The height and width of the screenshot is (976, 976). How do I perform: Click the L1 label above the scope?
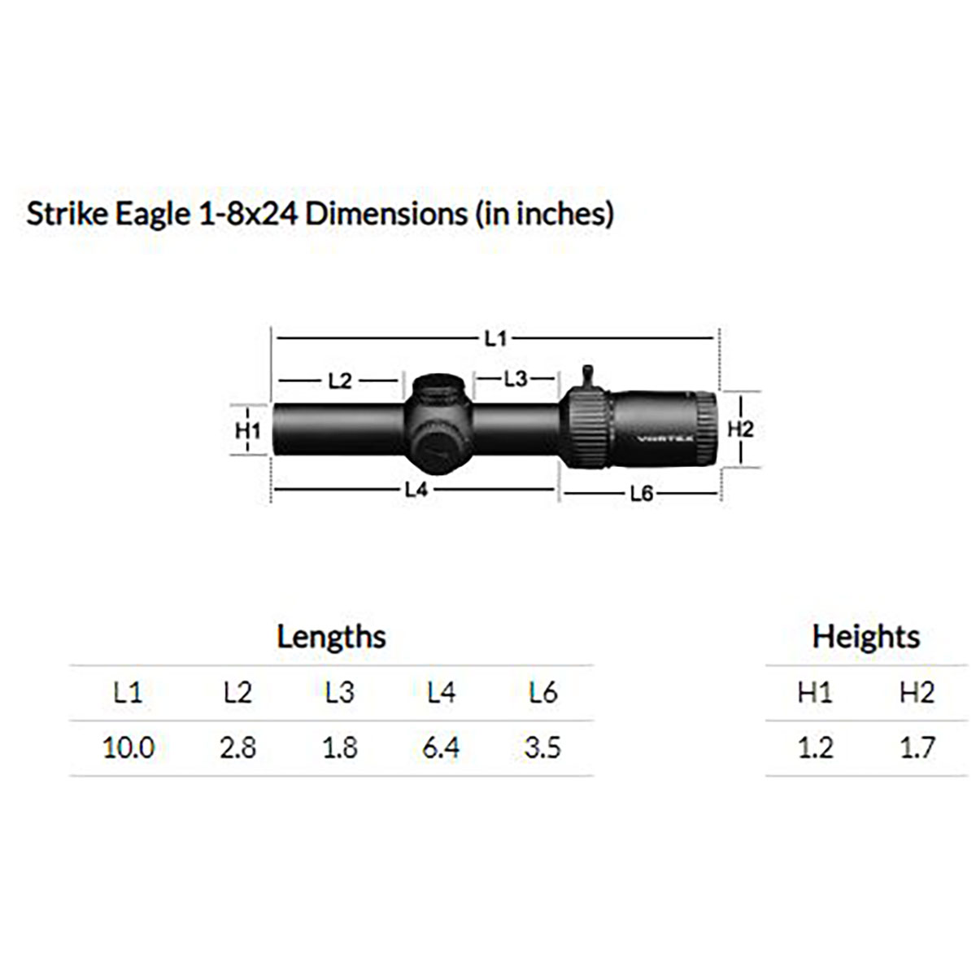495,338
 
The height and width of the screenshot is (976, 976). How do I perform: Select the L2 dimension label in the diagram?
340,380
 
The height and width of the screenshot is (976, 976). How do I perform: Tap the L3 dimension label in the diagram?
516,378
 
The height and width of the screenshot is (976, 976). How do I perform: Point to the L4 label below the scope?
416,490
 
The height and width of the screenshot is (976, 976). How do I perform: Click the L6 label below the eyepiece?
642,494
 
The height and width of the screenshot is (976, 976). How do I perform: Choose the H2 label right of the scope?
740,429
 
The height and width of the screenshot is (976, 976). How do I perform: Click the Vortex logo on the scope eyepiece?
658,436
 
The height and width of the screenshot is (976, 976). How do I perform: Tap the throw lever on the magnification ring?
588,377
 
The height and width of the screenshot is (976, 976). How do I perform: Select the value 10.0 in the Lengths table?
128,747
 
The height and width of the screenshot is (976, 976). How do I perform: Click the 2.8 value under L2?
237,747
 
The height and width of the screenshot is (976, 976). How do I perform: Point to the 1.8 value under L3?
339,747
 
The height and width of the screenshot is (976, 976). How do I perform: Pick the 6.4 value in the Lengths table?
441,747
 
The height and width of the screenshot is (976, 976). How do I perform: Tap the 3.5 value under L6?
542,747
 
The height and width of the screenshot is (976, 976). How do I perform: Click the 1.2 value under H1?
815,747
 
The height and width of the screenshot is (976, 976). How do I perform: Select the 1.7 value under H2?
917,747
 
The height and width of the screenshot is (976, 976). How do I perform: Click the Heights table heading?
865,636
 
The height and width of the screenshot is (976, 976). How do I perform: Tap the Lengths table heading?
331,636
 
